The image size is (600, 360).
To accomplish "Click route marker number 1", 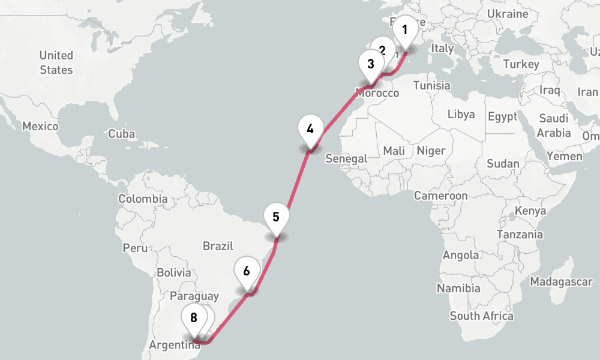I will (405, 30).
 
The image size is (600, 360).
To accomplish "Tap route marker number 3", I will (370, 64).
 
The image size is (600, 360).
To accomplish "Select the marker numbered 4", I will (310, 128).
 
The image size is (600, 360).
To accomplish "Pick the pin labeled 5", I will (276, 217).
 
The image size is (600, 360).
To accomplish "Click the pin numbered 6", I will (247, 270).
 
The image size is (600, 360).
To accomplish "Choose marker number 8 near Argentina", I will (193, 318).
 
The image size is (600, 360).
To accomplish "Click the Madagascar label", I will (562, 281).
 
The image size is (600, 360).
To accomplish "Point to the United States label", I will (56, 62).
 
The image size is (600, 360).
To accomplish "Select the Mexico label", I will (40, 127).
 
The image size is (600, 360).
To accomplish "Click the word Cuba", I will (122, 134).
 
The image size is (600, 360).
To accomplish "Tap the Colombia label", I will (143, 199).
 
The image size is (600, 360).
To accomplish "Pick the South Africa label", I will (481, 316).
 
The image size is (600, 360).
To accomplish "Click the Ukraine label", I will (508, 14).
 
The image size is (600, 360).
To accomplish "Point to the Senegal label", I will (346, 158).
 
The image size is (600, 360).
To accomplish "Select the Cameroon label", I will (441, 196).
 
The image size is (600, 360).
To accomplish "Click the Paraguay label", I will (194, 296).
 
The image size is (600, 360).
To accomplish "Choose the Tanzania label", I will (519, 235).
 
